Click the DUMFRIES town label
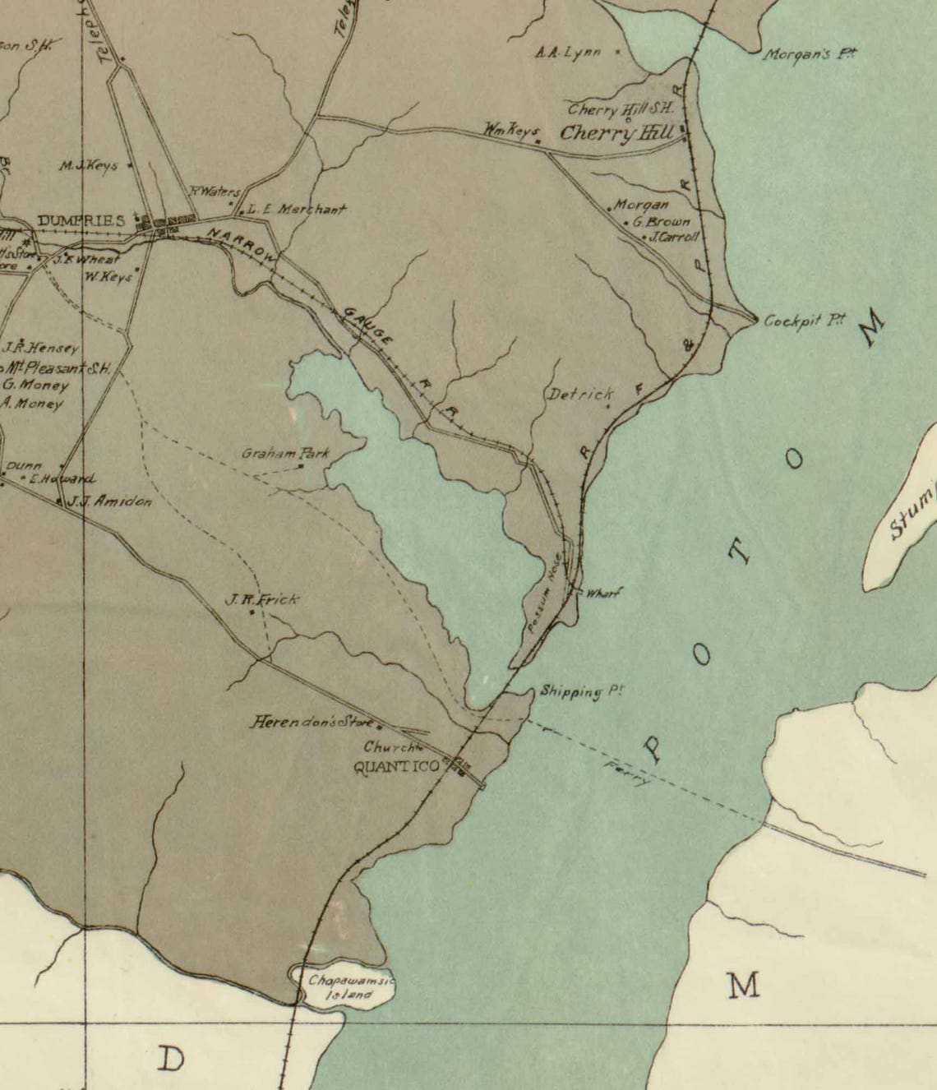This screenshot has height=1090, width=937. point(81,220)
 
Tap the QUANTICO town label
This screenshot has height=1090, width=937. point(396,768)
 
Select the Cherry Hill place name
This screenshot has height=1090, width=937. point(616,134)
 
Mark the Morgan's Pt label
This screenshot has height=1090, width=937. point(810,55)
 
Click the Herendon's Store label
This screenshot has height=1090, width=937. point(312,723)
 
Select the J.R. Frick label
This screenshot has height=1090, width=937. point(262,600)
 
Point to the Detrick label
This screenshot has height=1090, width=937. point(581,395)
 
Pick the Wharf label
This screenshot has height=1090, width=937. point(602,592)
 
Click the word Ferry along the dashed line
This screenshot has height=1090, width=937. point(626,774)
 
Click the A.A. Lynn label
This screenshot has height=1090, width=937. point(568,53)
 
